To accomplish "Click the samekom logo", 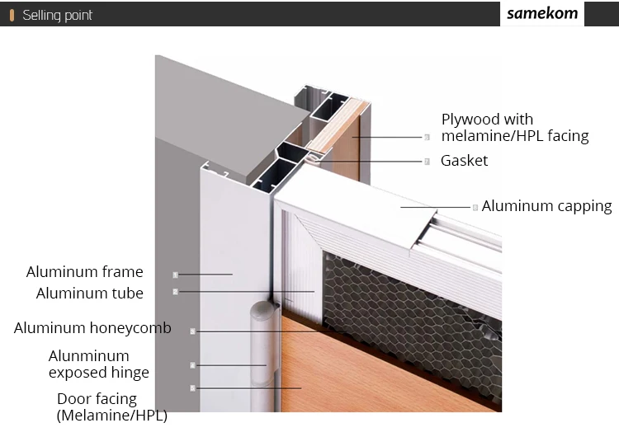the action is pyautogui.click(x=542, y=14).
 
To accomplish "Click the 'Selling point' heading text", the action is pyautogui.click(x=57, y=15).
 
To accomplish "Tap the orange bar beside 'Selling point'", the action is pyautogui.click(x=12, y=15).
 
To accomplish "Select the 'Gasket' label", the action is pyautogui.click(x=464, y=161).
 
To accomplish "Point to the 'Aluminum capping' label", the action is pyautogui.click(x=546, y=206).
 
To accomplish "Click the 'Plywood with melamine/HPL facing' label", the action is pyautogui.click(x=515, y=128).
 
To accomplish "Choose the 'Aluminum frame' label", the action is pyautogui.click(x=84, y=272).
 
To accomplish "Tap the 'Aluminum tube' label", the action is pyautogui.click(x=89, y=294).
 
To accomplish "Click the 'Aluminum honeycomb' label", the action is pyautogui.click(x=92, y=328).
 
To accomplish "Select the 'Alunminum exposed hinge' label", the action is pyautogui.click(x=98, y=364).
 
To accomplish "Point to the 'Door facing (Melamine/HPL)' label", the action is pyautogui.click(x=111, y=407).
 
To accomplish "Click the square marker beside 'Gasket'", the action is pyautogui.click(x=427, y=162).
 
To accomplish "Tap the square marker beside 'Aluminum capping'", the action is pyautogui.click(x=475, y=207).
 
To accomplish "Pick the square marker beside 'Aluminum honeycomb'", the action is pyautogui.click(x=192, y=331).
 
